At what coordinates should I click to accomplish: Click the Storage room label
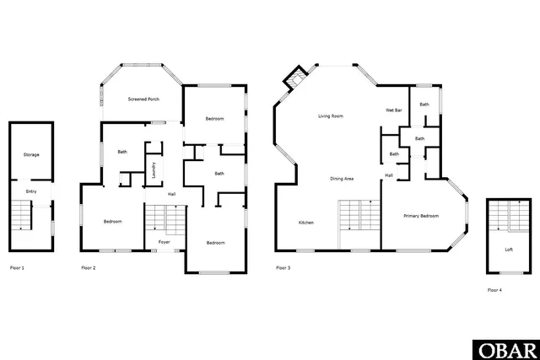tap(31, 155)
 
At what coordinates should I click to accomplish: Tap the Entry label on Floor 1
tap(31, 191)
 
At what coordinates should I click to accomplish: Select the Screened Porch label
tap(143, 99)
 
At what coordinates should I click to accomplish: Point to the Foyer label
tap(165, 242)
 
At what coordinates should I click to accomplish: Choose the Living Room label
tap(330, 116)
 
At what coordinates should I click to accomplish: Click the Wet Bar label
tap(393, 110)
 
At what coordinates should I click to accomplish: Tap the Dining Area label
tap(341, 179)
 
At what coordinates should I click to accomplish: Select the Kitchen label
tap(306, 223)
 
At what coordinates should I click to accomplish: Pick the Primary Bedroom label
tap(421, 217)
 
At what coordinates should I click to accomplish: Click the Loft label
tap(508, 250)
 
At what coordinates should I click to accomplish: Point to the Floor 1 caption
tap(17, 268)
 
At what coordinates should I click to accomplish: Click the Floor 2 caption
tap(89, 268)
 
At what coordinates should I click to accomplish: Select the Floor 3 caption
tap(283, 268)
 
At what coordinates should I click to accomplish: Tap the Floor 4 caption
tap(494, 290)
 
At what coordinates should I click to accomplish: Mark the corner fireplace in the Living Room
tap(295, 79)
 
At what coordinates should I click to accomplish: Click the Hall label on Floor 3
tap(389, 175)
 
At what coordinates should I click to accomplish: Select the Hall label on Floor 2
tap(172, 195)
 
